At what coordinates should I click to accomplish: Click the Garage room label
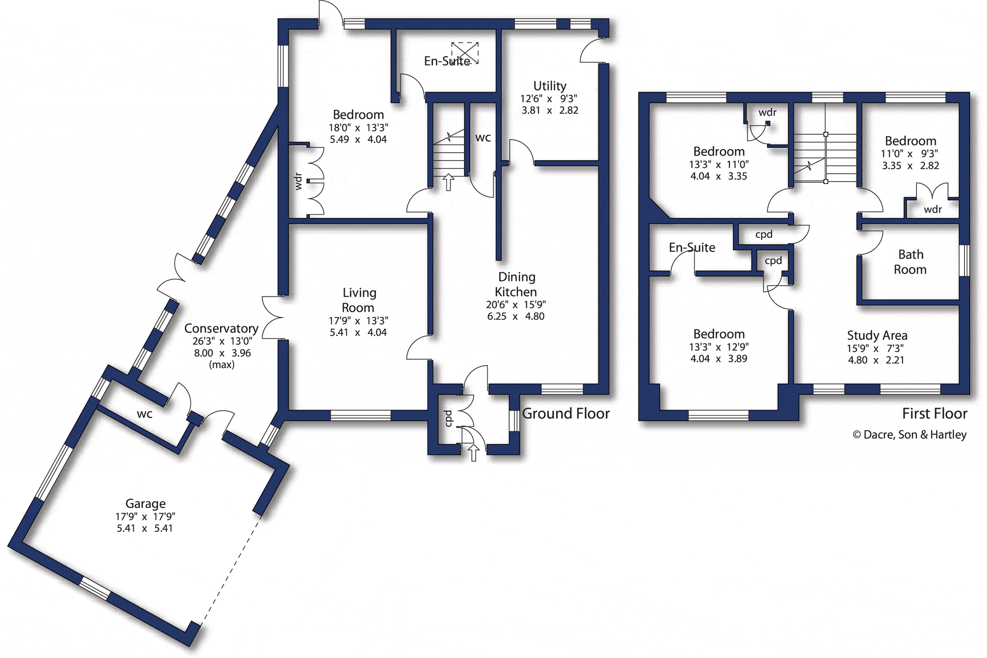coord(145,503)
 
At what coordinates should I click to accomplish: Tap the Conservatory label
coord(221,328)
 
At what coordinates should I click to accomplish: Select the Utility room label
coord(550,86)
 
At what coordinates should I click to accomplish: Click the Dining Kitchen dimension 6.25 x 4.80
coord(516,316)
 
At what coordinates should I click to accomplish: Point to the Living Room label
coord(358,300)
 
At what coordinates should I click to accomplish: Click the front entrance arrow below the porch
coord(474,453)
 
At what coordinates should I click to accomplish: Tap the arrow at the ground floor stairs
coord(448,182)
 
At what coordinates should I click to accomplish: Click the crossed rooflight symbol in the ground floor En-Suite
coord(465,53)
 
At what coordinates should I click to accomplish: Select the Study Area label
coord(877,335)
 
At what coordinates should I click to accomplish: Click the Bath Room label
coord(910,262)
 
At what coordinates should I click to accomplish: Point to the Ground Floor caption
coord(566,413)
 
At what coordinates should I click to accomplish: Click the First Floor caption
coord(935,413)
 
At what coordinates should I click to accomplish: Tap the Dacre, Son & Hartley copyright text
coord(909,435)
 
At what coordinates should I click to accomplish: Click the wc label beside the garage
coord(144,414)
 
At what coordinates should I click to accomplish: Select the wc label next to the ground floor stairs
coord(483,138)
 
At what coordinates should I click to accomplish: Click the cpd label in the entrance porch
coord(448,418)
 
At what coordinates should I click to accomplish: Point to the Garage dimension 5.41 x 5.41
coord(144,528)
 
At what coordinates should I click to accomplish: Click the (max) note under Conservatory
coord(221,365)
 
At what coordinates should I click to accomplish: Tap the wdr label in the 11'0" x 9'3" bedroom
coord(933,209)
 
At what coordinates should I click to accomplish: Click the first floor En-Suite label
coord(692,248)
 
